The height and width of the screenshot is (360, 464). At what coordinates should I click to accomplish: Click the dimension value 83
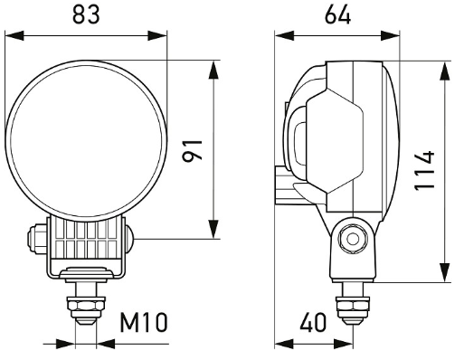(86, 15)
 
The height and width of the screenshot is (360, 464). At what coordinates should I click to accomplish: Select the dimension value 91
(193, 151)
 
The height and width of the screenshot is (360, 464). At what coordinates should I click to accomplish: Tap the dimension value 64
(337, 15)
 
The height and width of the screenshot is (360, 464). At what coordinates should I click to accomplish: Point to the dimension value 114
(424, 171)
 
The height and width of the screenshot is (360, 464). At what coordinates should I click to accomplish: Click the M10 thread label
(144, 322)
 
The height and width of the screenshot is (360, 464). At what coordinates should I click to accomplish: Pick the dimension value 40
(313, 322)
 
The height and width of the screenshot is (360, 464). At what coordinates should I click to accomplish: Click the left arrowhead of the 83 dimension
(14, 35)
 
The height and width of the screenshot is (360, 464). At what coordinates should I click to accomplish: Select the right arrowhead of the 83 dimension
(157, 35)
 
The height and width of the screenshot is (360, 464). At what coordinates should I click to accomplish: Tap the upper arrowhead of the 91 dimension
(213, 70)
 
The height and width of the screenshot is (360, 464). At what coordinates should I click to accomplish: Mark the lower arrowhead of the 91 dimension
(213, 229)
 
